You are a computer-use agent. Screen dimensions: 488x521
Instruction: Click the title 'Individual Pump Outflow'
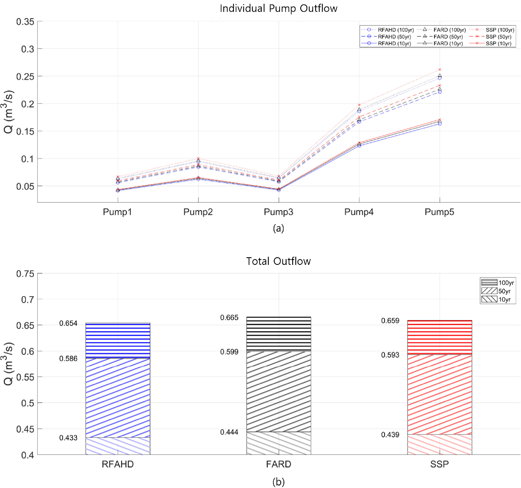[279, 8]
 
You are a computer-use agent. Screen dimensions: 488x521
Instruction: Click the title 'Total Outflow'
[279, 261]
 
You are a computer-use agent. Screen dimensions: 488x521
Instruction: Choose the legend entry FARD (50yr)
[448, 37]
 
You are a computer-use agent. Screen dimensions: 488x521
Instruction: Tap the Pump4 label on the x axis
[359, 212]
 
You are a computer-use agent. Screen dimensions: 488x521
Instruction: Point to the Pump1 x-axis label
[118, 212]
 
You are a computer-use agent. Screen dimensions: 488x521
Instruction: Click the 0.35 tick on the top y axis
[25, 22]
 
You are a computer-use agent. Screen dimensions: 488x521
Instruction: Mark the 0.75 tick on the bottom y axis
[25, 274]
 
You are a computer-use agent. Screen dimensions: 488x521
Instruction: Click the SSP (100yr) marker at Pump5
[440, 70]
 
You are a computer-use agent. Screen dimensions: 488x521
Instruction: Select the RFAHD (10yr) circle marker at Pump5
[440, 124]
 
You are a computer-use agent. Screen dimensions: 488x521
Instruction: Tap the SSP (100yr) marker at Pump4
[359, 105]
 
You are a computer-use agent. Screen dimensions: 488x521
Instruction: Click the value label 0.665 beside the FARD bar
[229, 318]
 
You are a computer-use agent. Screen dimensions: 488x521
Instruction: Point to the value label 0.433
[68, 438]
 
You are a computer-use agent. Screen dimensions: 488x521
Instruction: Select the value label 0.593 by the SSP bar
[390, 355]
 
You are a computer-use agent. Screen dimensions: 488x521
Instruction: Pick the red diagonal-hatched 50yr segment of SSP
[440, 394]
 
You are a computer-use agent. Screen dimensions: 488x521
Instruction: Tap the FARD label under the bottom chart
[279, 464]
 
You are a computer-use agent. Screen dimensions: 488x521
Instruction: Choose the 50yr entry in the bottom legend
[504, 291]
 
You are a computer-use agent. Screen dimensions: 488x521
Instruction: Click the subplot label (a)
[279, 228]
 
